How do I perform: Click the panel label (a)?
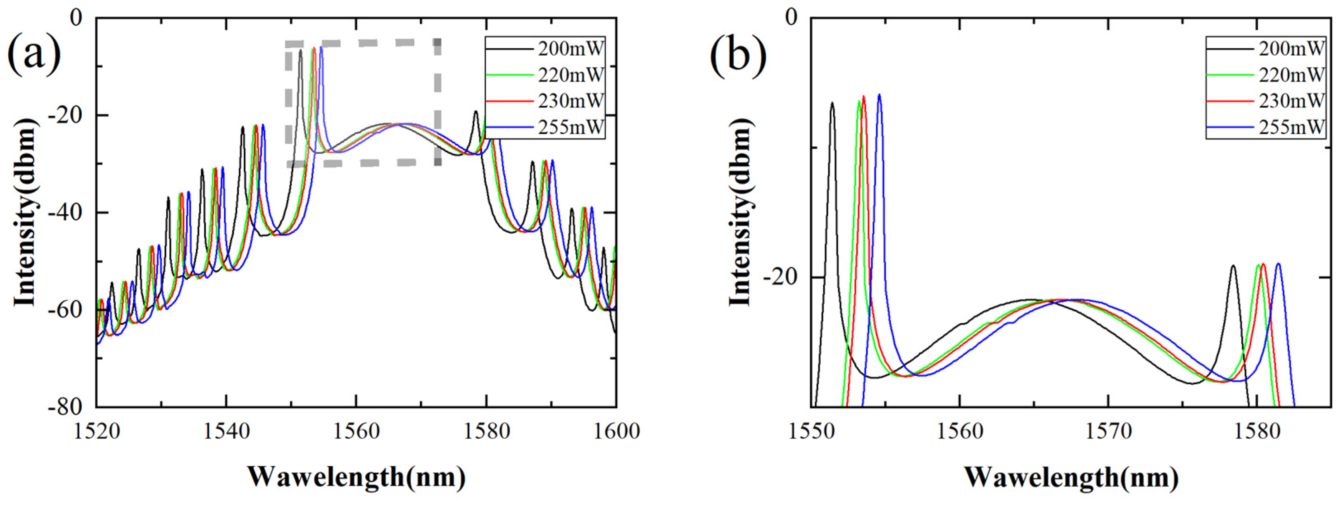[33, 55]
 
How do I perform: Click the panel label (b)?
[738, 55]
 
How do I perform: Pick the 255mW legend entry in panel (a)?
[571, 127]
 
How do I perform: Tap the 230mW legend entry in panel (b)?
[1291, 101]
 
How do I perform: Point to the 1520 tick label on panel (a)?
[96, 432]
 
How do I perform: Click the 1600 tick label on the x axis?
[616, 432]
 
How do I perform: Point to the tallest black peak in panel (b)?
[832, 104]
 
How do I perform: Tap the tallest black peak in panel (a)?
[300, 51]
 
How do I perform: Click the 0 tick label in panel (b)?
[791, 18]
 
